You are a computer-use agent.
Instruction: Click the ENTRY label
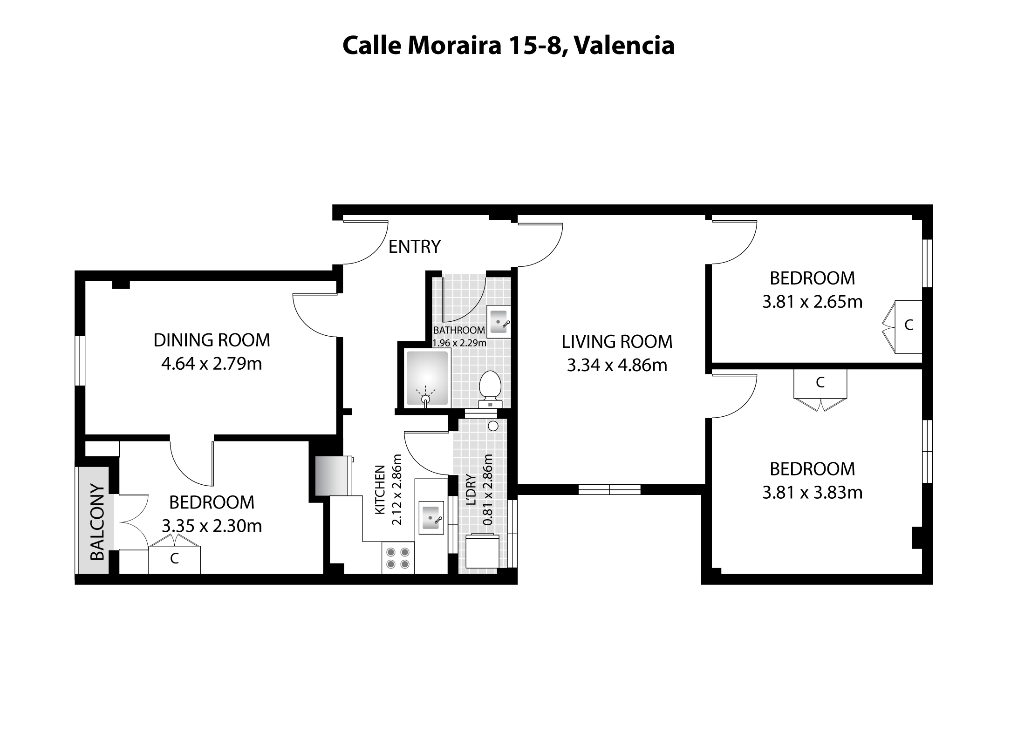414,247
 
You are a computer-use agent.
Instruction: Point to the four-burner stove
398,558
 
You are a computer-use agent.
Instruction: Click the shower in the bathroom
427,378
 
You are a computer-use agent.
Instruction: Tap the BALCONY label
97,522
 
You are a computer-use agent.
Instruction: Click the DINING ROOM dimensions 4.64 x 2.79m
212,364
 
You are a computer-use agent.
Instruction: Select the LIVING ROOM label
617,342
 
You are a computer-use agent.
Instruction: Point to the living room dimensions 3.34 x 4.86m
617,366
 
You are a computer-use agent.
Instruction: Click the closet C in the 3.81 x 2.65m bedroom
908,325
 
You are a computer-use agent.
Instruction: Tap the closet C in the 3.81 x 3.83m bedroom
820,383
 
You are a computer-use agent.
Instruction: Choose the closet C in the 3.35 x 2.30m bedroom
174,559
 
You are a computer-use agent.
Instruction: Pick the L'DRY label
471,489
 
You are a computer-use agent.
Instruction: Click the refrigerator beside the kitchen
332,475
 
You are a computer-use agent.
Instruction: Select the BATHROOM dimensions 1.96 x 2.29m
459,343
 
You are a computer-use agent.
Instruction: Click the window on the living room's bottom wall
609,489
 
